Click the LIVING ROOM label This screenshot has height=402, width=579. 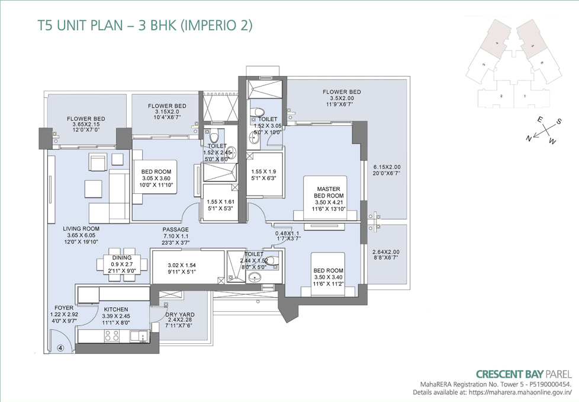pos(82,228)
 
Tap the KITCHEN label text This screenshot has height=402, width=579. pos(116,310)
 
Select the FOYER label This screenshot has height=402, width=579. pos(63,307)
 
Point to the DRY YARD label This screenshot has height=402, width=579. pos(180,315)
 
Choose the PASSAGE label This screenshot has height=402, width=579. pos(175,229)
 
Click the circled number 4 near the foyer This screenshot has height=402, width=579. pos(60,349)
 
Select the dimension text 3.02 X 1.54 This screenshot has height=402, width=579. pos(181,265)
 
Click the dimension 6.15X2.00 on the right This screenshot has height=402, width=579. pos(387,167)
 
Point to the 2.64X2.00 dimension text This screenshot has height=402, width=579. pos(386,251)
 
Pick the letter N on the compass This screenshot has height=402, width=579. pos(528,138)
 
